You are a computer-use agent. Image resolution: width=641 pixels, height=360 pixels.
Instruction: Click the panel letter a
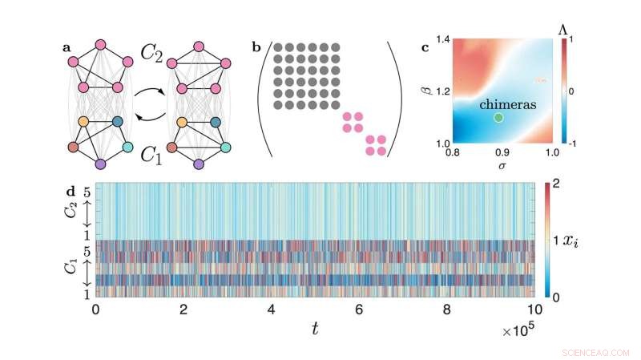coord(67,47)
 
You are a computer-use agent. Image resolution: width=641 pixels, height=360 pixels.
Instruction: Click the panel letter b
coord(256,47)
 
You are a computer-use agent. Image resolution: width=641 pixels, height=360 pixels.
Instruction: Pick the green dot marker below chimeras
coord(498,118)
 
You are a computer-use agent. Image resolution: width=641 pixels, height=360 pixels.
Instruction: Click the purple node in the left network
coord(100,164)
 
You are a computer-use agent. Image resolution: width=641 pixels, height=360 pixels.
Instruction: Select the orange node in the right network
coord(183,122)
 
